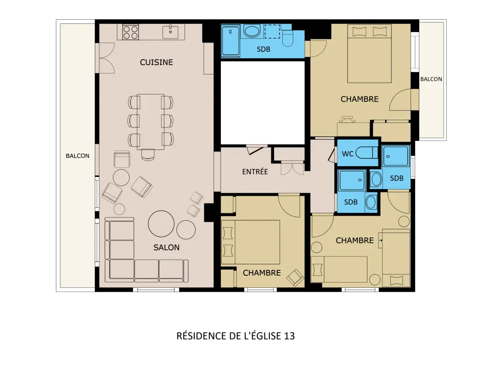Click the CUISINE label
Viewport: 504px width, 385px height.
click(x=156, y=62)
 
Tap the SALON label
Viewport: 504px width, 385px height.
click(x=166, y=247)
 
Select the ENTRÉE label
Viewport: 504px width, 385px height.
click(x=255, y=172)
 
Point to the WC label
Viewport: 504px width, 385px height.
click(x=347, y=154)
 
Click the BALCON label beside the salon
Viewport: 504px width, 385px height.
click(x=77, y=156)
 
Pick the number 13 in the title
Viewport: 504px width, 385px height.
click(x=289, y=336)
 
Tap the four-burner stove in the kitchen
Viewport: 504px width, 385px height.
click(x=131, y=32)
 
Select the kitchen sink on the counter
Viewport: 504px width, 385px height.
click(x=170, y=32)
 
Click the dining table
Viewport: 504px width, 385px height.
click(x=151, y=122)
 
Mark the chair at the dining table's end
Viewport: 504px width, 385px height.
click(x=148, y=155)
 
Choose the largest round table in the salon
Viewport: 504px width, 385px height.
click(x=161, y=224)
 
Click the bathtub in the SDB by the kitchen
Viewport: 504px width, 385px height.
click(x=230, y=41)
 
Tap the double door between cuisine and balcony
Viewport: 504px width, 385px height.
click(x=107, y=58)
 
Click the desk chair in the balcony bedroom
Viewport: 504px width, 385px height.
click(x=347, y=120)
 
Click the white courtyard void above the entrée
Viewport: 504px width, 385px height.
click(x=262, y=103)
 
